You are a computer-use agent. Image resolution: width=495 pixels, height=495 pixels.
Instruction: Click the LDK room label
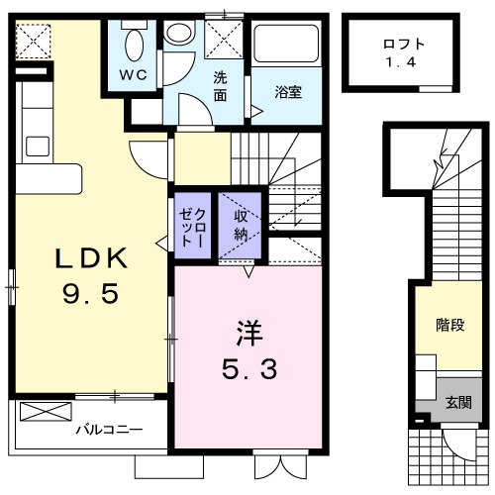[90, 258]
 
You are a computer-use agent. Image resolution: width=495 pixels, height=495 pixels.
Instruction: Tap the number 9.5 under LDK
[90, 295]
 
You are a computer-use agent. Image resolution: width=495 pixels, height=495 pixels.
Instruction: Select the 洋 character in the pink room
[248, 332]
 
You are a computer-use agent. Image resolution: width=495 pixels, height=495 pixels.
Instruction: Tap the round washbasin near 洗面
[179, 34]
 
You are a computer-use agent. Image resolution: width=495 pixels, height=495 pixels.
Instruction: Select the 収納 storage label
[240, 225]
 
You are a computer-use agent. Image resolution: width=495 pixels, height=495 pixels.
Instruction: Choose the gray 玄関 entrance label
[457, 402]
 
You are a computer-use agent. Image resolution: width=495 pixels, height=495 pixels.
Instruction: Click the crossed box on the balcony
[46, 412]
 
